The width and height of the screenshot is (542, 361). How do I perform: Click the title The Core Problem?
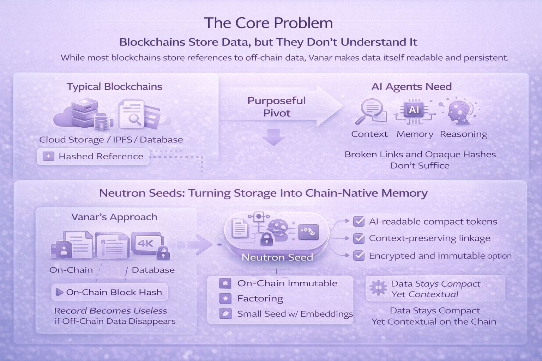269,23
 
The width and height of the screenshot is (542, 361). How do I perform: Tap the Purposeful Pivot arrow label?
277,106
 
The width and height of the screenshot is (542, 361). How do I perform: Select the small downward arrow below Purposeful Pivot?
274,137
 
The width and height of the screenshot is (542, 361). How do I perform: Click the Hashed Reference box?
93,157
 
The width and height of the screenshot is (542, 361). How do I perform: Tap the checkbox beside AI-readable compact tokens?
359,221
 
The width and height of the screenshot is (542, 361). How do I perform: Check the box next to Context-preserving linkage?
359,238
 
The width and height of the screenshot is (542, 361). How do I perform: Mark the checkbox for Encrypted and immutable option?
359,256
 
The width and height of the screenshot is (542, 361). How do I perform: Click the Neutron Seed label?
277,257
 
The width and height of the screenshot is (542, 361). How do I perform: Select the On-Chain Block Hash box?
110,292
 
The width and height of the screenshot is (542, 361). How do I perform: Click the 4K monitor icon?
146,243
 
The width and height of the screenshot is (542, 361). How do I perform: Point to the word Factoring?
260,299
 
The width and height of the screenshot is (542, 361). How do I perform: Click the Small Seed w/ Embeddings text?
295,314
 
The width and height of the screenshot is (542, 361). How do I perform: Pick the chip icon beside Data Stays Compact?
378,288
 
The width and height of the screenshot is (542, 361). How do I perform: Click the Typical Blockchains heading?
115,87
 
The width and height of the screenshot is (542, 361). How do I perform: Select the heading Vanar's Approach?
114,217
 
